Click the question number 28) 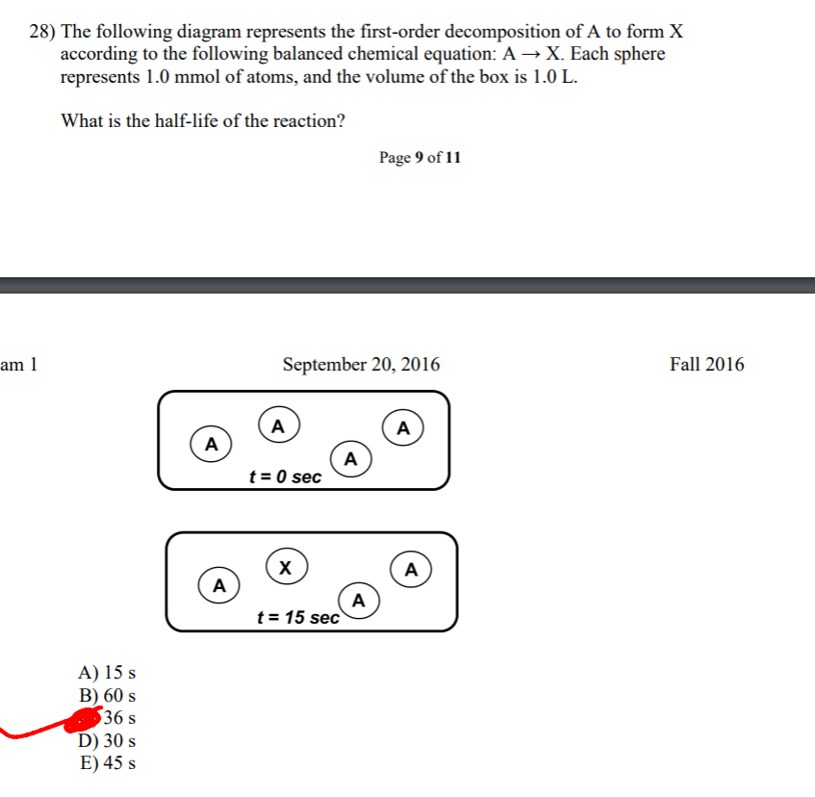(x=42, y=32)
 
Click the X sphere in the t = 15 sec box (x=285, y=565)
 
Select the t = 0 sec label (x=285, y=476)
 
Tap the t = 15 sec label (x=298, y=618)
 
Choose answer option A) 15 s (x=107, y=672)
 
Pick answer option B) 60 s (x=107, y=695)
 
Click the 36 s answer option (x=118, y=718)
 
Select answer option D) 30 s (x=107, y=741)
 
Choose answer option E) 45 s (x=107, y=764)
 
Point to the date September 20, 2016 (x=361, y=365)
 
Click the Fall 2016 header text (x=706, y=365)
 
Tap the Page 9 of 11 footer (x=420, y=158)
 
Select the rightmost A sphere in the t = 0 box (x=403, y=425)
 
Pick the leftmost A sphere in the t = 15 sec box (x=219, y=584)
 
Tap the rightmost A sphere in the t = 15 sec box (x=411, y=569)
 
